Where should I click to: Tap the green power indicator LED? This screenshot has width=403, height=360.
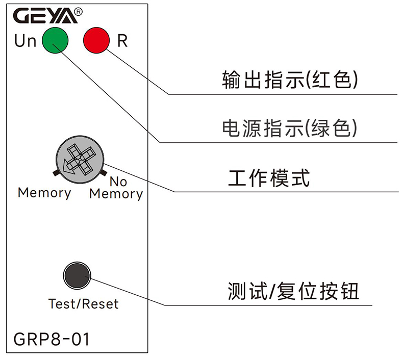click(x=55, y=40)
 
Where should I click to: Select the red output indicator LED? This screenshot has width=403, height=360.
click(x=96, y=40)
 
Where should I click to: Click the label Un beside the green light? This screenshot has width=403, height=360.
click(x=25, y=41)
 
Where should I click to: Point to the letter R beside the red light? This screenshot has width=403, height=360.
click(x=122, y=41)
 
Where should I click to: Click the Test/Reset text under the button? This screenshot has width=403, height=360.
click(x=83, y=304)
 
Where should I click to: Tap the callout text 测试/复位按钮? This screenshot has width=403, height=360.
click(x=294, y=291)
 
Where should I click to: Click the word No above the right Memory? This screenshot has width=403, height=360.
click(x=118, y=182)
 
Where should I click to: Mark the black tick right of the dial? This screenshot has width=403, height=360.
click(x=105, y=173)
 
